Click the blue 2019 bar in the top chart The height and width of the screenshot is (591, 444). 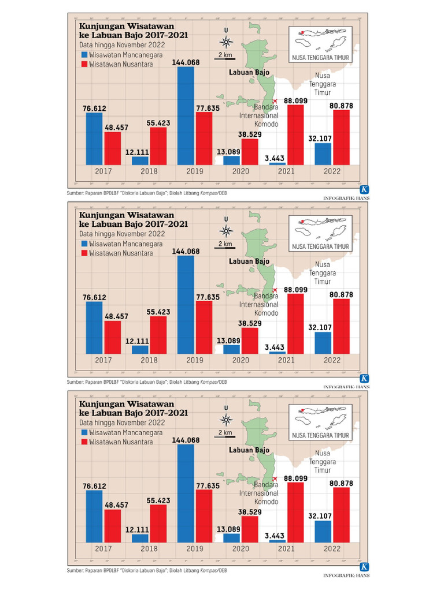[x=186, y=115]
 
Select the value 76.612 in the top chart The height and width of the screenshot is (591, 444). [x=94, y=108]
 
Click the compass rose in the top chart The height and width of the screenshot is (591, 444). [x=227, y=42]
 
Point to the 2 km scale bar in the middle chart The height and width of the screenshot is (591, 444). [x=225, y=247]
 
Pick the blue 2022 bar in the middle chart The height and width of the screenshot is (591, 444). [x=323, y=342]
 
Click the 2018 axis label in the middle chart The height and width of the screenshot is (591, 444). [x=149, y=360]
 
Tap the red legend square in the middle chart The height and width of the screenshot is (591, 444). [x=84, y=253]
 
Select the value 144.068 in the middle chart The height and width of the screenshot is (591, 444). [x=186, y=251]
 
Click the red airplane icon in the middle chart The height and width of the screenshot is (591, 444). [x=275, y=290]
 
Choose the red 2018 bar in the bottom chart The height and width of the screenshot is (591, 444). [x=158, y=523]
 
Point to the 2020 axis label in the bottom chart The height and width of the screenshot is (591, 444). [x=240, y=549]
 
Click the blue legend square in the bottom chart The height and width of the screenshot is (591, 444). [x=84, y=432]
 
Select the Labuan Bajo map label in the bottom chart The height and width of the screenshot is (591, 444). [x=249, y=450]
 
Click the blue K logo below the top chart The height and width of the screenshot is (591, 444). [x=364, y=190]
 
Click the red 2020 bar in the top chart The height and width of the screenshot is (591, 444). [x=250, y=152]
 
